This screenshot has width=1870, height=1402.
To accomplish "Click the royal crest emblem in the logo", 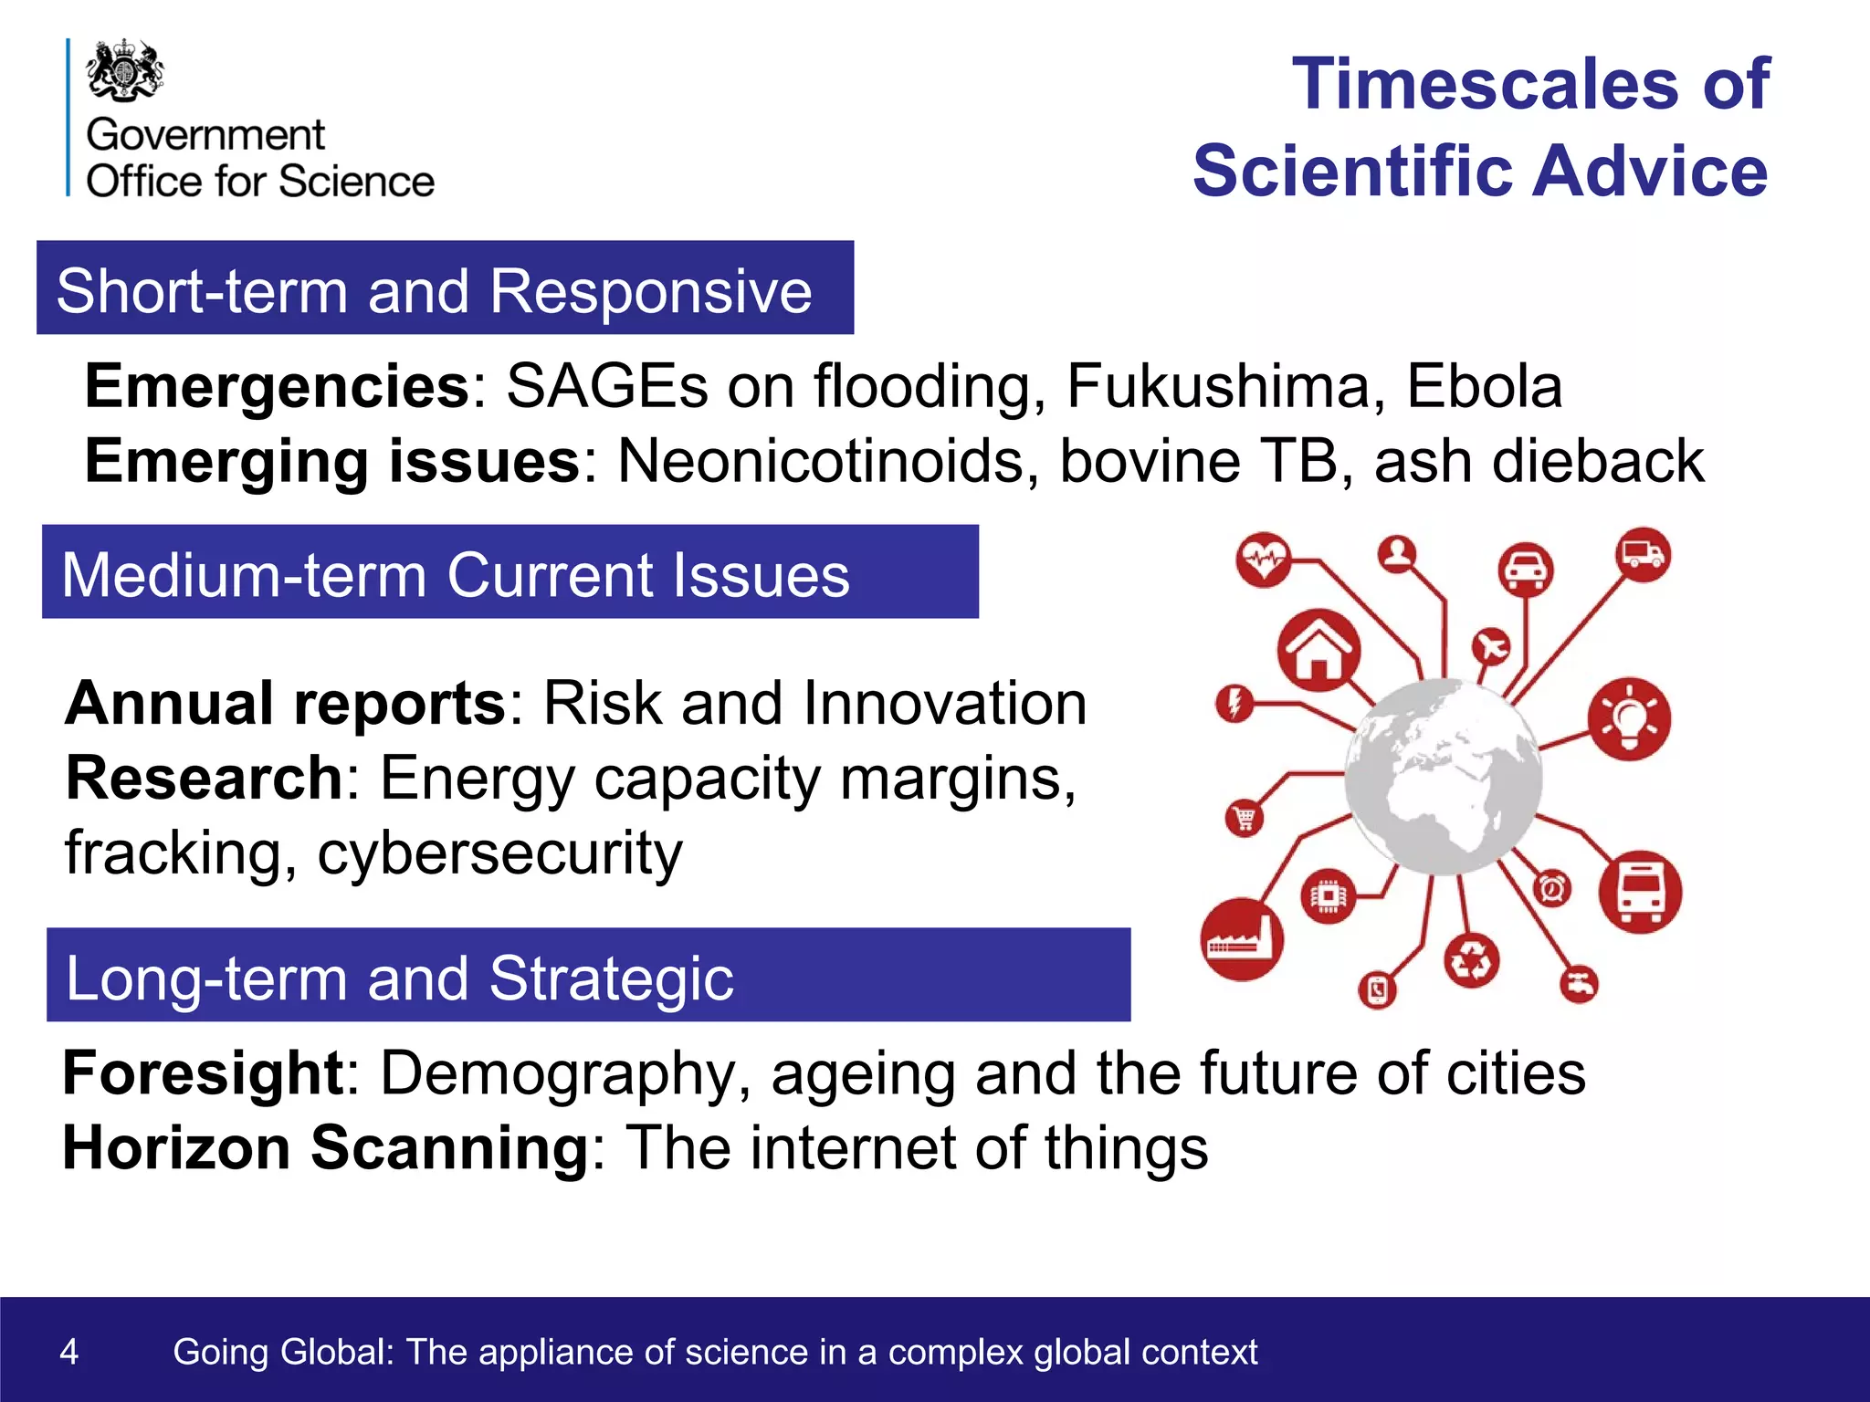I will click(125, 70).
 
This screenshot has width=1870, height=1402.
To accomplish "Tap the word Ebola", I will click(1484, 386).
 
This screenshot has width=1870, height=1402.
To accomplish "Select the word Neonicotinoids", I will click(828, 461).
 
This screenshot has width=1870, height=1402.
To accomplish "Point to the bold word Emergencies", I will click(277, 386).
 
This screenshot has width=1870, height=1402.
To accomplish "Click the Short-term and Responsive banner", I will click(445, 288).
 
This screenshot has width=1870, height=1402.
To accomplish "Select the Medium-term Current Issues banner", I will click(510, 572).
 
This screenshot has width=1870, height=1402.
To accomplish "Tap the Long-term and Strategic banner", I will click(587, 975).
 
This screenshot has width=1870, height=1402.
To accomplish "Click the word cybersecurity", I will click(499, 853).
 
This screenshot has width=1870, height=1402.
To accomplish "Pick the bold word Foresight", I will click(203, 1072).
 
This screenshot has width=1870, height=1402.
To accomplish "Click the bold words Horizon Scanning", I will click(326, 1147).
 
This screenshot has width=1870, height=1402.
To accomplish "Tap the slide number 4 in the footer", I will click(69, 1351).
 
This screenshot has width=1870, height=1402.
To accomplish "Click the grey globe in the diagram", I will click(1443, 777).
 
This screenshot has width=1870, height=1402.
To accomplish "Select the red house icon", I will click(1318, 651).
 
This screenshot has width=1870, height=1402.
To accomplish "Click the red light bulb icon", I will click(1629, 719).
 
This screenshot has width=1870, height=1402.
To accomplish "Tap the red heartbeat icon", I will click(1264, 558).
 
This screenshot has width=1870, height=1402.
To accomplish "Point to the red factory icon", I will click(1241, 939).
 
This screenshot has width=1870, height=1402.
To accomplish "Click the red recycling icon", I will click(1471, 960).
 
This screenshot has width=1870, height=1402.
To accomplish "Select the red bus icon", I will click(1640, 893).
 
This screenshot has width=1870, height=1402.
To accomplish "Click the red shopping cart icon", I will click(1245, 818).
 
